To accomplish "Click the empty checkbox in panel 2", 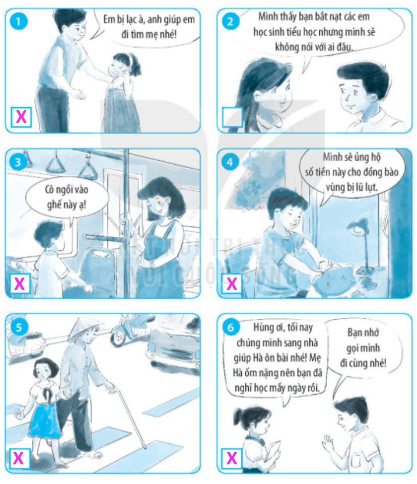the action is [x=232, y=117].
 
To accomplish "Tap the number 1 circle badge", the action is [x=18, y=21].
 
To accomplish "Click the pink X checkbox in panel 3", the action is [x=20, y=284].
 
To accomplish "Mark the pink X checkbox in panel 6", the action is [x=232, y=458].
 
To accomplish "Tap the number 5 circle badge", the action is [x=19, y=327].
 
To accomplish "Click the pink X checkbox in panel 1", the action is [x=21, y=117].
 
